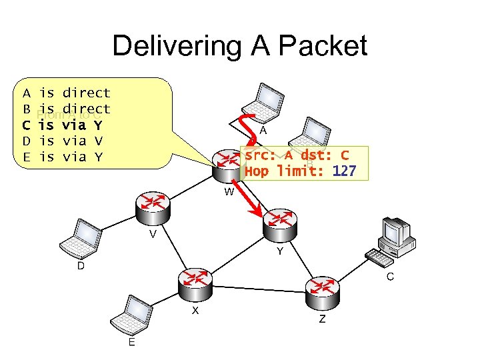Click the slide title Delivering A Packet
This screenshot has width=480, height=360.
[x=239, y=46]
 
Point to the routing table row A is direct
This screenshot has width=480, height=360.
[x=66, y=93]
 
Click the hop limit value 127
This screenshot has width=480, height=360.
[x=344, y=171]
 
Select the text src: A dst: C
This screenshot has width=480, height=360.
[x=297, y=156]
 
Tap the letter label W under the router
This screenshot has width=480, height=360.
[x=229, y=192]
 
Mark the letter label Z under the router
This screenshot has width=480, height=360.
[x=322, y=319]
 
